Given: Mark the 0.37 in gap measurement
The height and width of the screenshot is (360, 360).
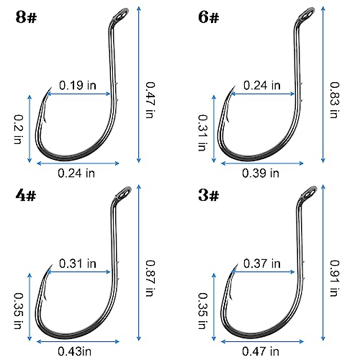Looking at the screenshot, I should pyautogui.click(x=261, y=264).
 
